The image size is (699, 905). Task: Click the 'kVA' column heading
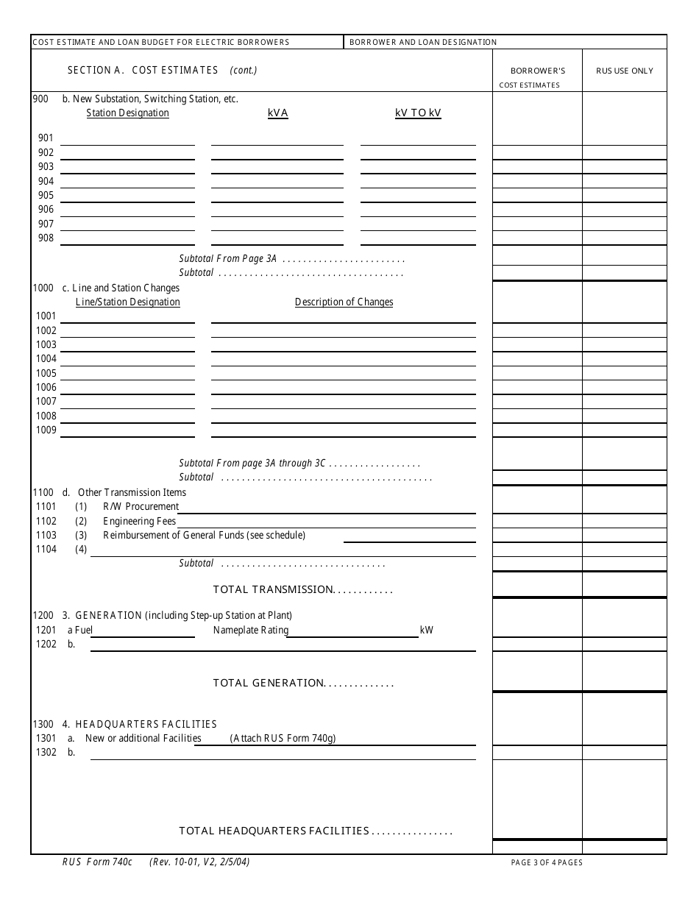click(277, 113)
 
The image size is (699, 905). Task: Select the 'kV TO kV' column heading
click(418, 113)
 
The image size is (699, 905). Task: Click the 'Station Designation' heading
click(127, 113)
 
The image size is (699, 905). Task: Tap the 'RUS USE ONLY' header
click(624, 71)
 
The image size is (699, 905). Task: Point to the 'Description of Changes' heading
click(344, 302)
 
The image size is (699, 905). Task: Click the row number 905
click(46, 196)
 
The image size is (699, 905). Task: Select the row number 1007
click(46, 402)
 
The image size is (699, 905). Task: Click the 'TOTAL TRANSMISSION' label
click(302, 590)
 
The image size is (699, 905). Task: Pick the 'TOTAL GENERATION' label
click(303, 684)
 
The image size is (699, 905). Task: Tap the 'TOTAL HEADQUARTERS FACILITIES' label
click(315, 831)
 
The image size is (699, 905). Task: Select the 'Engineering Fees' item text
click(139, 522)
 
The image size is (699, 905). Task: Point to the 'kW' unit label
click(426, 631)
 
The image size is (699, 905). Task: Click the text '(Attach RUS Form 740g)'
click(283, 739)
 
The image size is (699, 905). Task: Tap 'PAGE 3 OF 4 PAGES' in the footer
click(547, 863)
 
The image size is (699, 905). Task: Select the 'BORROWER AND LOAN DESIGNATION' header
click(423, 43)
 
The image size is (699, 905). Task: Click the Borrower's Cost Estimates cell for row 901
click(536, 138)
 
